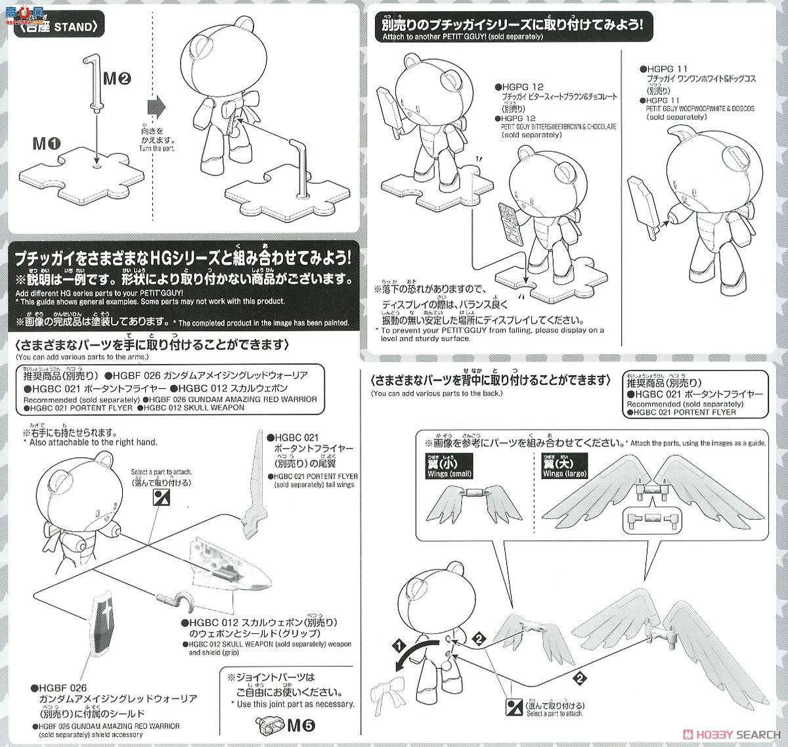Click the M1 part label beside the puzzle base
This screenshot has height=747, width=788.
[x=43, y=143]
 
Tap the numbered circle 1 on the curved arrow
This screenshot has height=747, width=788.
[x=397, y=646]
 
